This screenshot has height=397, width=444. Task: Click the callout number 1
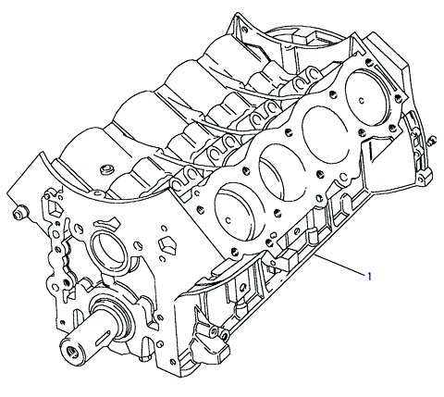tap(369, 277)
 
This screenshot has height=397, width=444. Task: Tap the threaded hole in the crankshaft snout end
tap(73, 351)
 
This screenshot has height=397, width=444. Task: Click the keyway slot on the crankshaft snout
tap(103, 338)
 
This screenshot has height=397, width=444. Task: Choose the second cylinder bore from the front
tap(281, 173)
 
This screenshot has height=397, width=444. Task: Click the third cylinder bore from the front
tap(326, 134)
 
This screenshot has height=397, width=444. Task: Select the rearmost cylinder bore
tap(367, 97)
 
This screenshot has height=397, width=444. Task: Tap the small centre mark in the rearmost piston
tap(362, 100)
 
